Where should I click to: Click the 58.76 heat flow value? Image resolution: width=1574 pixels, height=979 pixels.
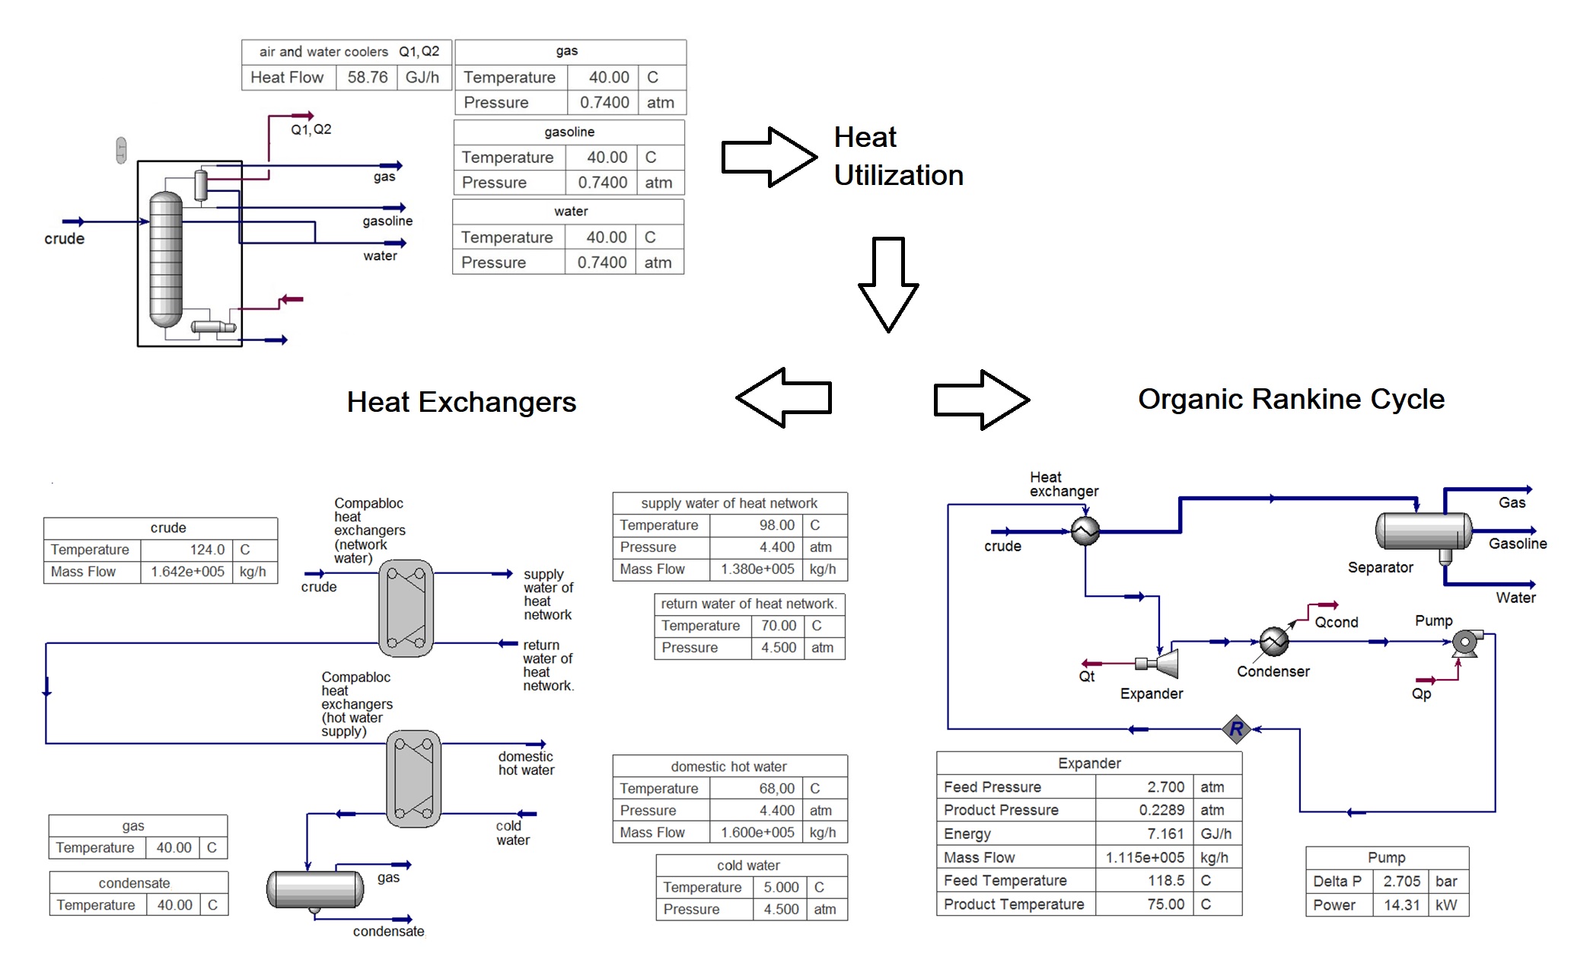click(x=367, y=78)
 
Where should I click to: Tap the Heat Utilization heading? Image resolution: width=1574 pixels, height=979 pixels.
click(x=898, y=156)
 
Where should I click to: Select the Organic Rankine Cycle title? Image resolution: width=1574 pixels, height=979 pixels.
click(x=1291, y=399)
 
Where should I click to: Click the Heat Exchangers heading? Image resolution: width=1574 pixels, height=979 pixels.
click(x=461, y=402)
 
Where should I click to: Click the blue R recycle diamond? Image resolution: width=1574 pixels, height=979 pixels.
click(x=1236, y=729)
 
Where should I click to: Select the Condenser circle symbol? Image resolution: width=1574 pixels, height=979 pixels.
click(x=1274, y=642)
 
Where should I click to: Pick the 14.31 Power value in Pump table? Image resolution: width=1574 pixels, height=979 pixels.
click(x=1401, y=905)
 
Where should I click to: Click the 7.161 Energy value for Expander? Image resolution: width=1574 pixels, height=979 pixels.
click(x=1165, y=834)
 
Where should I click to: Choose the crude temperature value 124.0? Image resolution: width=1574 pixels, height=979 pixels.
click(x=207, y=550)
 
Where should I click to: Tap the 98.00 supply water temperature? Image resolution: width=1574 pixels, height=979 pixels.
click(x=776, y=525)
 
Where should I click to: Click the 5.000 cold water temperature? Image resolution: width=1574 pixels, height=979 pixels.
click(x=781, y=888)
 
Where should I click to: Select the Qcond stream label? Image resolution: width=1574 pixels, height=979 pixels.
click(x=1336, y=623)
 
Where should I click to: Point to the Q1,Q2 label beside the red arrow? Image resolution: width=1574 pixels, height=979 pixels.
click(x=311, y=129)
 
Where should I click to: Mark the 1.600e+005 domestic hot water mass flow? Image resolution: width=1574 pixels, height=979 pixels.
click(x=758, y=833)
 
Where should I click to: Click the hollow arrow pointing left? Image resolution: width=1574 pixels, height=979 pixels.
click(x=784, y=397)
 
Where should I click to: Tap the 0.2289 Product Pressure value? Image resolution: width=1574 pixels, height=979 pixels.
click(x=1161, y=810)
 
